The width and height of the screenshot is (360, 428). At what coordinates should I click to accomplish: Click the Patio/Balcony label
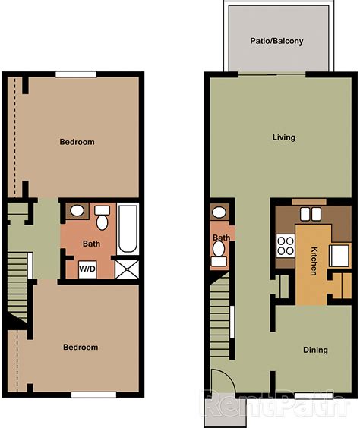(276, 41)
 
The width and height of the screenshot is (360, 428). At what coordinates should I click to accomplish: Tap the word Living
(284, 137)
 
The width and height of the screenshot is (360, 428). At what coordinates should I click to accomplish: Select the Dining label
(315, 350)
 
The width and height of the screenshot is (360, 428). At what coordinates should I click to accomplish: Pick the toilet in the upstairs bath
(102, 219)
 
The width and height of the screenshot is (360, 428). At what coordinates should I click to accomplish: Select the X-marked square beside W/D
(125, 268)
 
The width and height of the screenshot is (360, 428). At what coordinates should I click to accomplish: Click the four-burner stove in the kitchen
(286, 246)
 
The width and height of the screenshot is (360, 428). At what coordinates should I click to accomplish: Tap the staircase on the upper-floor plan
(17, 285)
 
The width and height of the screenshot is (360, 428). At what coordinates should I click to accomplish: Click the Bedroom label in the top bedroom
(77, 142)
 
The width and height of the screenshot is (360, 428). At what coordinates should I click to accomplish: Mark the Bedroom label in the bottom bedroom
(80, 347)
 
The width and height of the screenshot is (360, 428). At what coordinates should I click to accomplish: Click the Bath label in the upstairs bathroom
(91, 244)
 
